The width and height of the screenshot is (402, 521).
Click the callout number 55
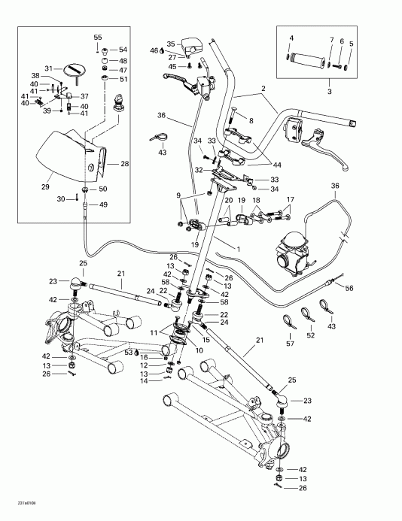coord(97,37)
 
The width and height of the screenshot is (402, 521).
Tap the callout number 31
coord(49,68)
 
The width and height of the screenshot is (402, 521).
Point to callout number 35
coord(171,44)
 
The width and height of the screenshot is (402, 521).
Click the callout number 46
coord(154,50)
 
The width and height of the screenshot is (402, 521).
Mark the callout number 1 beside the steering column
coord(239,248)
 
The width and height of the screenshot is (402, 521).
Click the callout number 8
coord(251,120)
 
